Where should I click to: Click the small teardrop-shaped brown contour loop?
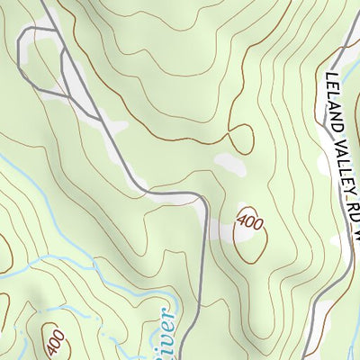(x=240, y=139)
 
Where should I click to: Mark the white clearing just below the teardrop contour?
(x=230, y=165)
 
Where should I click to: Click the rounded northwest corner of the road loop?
(x=22, y=31)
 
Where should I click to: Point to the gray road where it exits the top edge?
(x=43, y=2)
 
